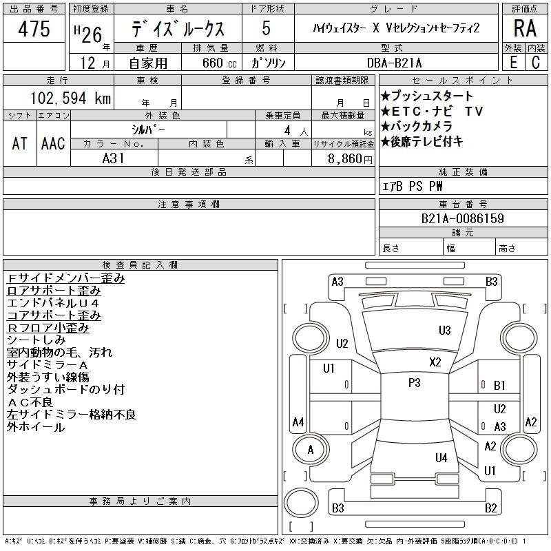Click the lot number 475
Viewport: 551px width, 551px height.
click(x=34, y=29)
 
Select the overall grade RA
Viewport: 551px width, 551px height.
click(x=525, y=28)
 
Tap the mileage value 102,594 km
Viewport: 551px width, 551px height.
click(x=70, y=98)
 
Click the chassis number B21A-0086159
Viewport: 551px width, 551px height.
click(x=462, y=218)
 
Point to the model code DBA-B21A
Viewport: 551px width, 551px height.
click(x=394, y=63)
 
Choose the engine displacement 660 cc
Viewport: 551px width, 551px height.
click(x=219, y=63)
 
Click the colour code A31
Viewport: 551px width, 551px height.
click(x=113, y=158)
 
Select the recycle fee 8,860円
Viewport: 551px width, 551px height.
click(x=350, y=159)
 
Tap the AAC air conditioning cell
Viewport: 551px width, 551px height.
click(x=53, y=143)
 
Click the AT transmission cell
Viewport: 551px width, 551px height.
click(x=20, y=143)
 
